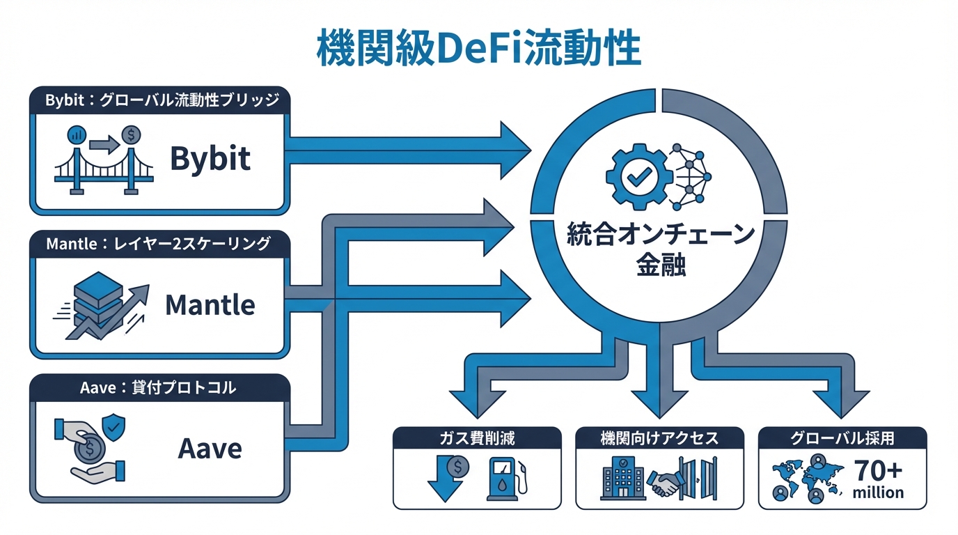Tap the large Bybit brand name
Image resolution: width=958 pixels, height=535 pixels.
[210, 159]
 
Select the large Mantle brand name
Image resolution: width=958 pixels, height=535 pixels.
[210, 304]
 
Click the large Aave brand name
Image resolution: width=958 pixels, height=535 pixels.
[210, 448]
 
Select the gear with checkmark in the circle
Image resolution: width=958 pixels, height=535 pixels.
[637, 177]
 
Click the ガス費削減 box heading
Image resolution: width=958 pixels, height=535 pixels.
[477, 438]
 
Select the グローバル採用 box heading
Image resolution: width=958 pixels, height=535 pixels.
[842, 438]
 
